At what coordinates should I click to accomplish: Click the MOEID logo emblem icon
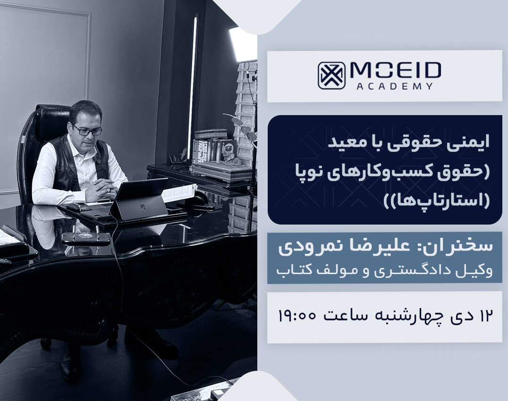[x=331, y=75]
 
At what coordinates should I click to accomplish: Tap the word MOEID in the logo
[x=395, y=71]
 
